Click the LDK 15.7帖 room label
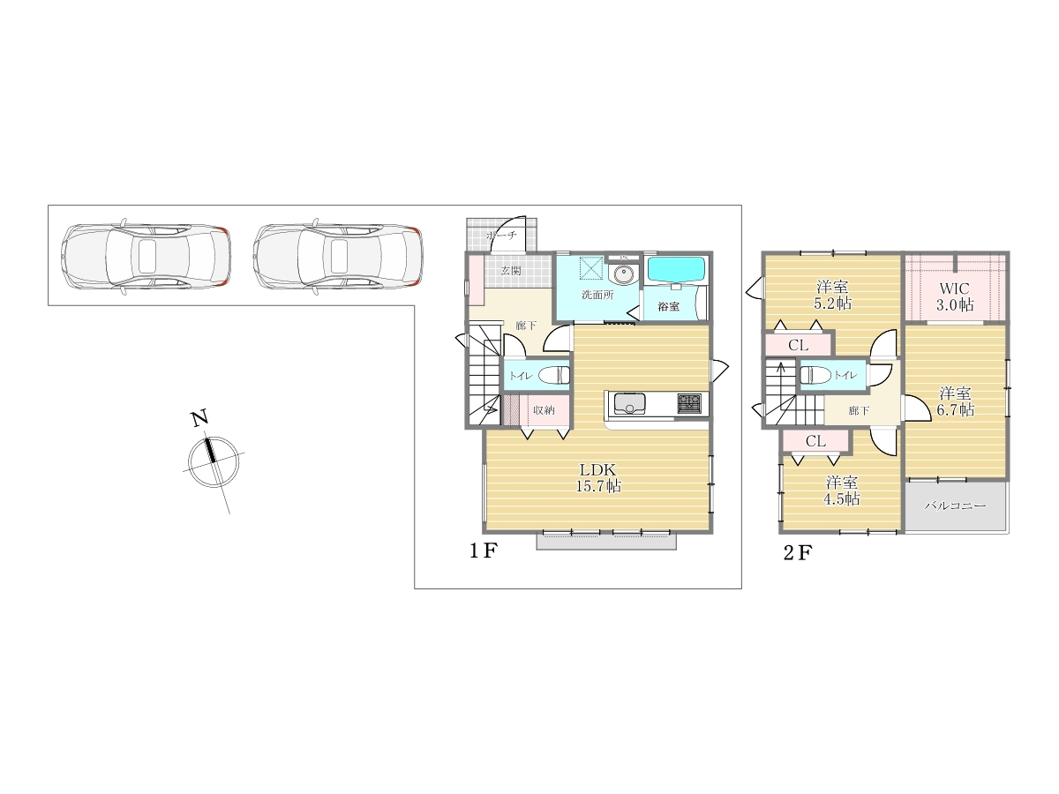(x=598, y=477)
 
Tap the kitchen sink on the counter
(x=629, y=404)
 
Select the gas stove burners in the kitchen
(x=689, y=403)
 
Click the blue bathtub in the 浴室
(x=675, y=269)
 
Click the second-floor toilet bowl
(x=815, y=375)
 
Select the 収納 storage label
(x=544, y=410)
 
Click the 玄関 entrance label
(x=510, y=271)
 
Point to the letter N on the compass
(x=199, y=417)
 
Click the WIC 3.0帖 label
(x=955, y=296)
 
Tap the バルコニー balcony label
(x=955, y=506)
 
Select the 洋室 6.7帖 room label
(x=955, y=401)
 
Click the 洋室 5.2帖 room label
(x=832, y=295)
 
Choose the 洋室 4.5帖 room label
(x=841, y=491)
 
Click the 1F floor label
(x=484, y=551)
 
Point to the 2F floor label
(x=798, y=553)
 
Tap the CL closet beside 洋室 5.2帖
(x=799, y=345)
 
